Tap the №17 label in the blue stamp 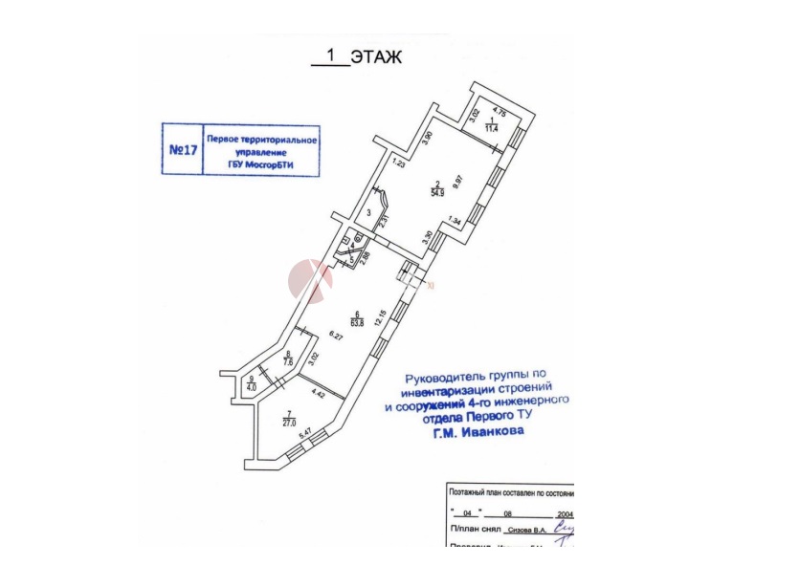(182, 151)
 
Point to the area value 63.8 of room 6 (357, 322)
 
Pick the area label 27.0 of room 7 (288, 421)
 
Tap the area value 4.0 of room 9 (251, 387)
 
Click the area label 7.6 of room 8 (287, 362)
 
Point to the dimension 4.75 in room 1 (498, 111)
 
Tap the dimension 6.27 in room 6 (335, 335)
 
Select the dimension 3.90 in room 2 (430, 139)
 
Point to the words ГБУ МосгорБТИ (261, 163)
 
